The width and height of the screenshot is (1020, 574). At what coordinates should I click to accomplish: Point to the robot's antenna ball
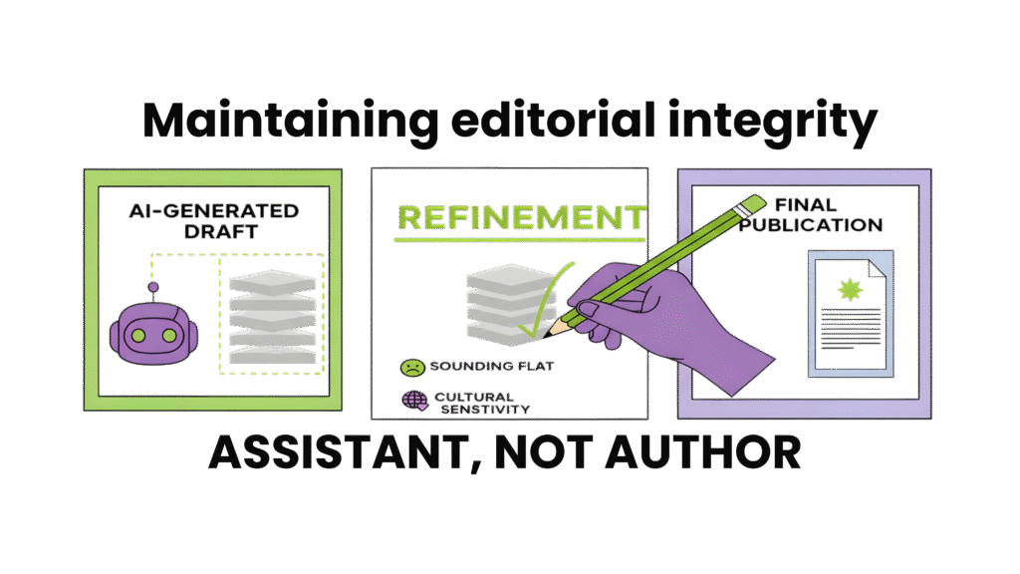tap(153, 288)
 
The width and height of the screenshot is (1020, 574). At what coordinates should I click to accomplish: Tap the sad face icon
tap(409, 367)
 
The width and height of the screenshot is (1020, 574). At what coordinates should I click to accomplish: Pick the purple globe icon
tap(411, 401)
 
